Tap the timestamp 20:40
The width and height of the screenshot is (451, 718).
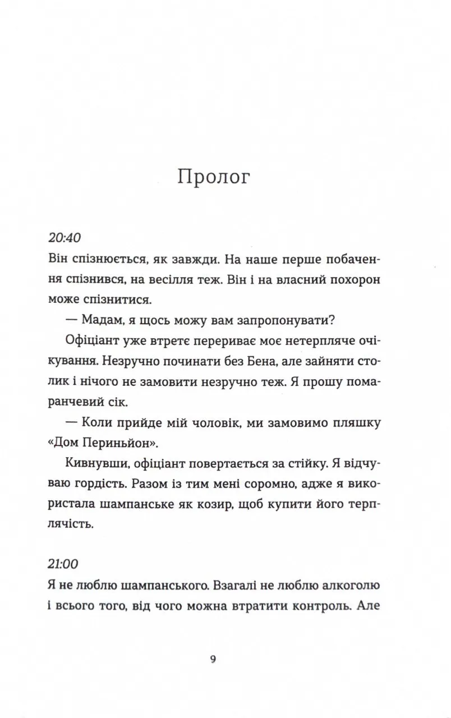click(66, 238)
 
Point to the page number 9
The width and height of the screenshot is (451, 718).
click(213, 659)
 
